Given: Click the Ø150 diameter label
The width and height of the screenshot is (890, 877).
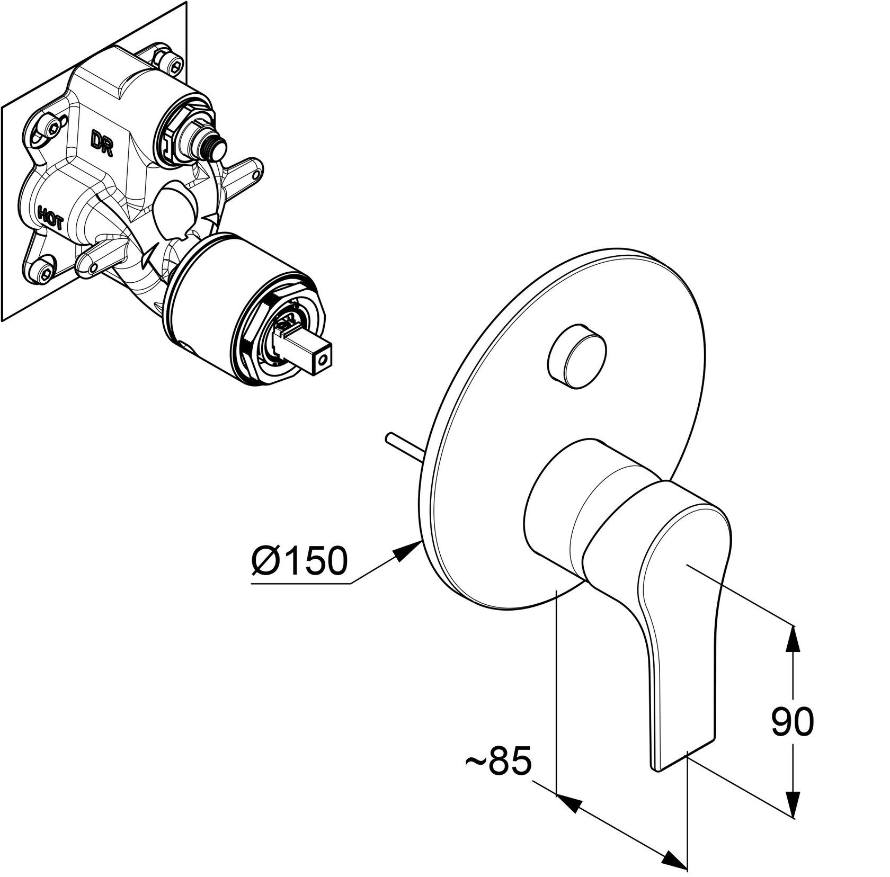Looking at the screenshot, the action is [x=299, y=561].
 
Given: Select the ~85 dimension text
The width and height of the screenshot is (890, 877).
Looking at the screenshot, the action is [x=498, y=761].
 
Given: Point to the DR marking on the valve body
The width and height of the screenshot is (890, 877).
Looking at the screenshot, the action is [x=102, y=142].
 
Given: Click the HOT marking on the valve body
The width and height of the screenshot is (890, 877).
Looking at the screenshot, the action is [x=50, y=218].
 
